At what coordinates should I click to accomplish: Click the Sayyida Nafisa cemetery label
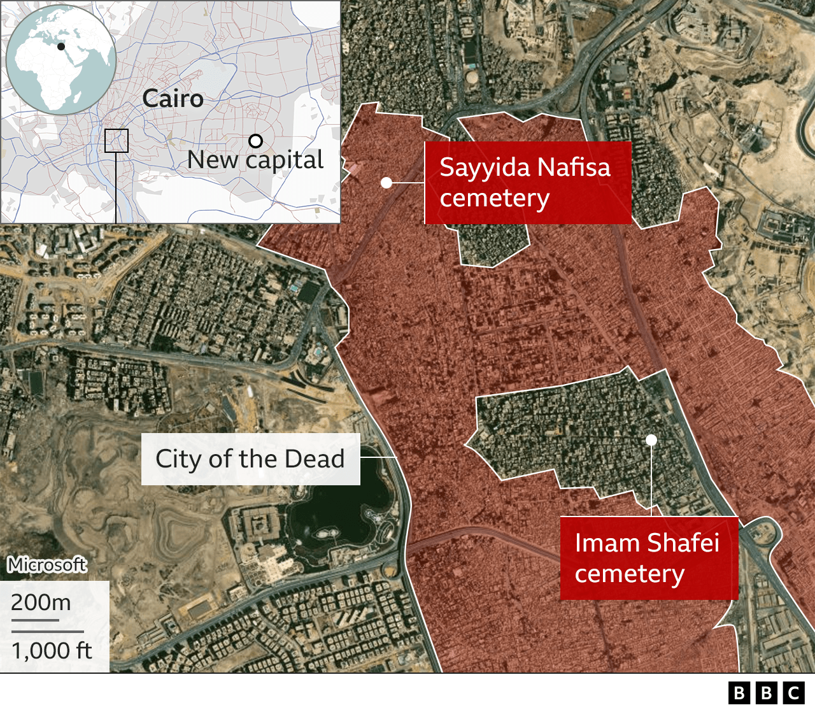point(527,183)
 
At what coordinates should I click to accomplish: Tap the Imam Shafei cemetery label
point(648,558)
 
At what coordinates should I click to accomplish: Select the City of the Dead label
point(250,459)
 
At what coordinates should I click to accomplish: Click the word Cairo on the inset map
point(173,99)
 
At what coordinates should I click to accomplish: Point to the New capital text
point(255,160)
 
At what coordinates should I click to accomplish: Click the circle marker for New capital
point(255,141)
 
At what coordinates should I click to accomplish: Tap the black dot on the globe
point(61,46)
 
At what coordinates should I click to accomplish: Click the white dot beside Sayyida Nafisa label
point(386,183)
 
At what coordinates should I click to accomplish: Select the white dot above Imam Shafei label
point(651,439)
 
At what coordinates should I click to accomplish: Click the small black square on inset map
point(116,141)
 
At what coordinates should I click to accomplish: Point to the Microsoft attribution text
point(47,564)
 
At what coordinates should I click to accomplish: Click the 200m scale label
point(41,602)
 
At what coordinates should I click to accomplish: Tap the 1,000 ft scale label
point(52,651)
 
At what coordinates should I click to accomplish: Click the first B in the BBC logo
point(739,692)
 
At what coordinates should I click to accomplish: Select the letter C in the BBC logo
point(793,692)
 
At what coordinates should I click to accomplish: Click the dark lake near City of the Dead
point(337,509)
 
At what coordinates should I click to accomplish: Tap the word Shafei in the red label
point(683,543)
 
